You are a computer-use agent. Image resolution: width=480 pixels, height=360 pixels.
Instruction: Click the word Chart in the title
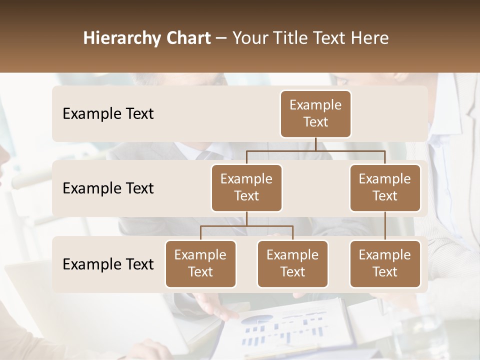[x=189, y=38]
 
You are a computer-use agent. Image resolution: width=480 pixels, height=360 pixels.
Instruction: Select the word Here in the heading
[x=370, y=38]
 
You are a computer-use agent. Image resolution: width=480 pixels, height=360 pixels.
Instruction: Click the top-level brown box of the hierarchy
[x=315, y=113]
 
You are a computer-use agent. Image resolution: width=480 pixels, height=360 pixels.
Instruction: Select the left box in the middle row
[x=246, y=187]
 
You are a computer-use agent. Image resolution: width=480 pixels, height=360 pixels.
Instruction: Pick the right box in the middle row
[x=385, y=187]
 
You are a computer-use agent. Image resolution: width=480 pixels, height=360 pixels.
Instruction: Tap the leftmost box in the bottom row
[x=200, y=263]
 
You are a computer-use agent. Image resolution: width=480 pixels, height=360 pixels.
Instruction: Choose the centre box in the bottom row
[x=292, y=263]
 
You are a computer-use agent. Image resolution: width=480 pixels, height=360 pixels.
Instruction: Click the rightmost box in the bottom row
[x=385, y=263]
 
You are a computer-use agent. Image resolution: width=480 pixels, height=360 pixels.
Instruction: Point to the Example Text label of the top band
[x=108, y=113]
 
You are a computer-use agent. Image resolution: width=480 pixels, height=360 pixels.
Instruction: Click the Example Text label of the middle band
[x=108, y=188]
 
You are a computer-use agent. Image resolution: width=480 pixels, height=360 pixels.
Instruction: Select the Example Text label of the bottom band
[x=108, y=264]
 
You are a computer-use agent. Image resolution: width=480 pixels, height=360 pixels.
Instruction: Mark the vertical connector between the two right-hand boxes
[x=385, y=226]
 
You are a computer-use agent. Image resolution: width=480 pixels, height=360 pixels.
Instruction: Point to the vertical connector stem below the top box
[x=315, y=144]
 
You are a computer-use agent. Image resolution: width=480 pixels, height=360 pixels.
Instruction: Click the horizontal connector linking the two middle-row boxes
[x=315, y=150]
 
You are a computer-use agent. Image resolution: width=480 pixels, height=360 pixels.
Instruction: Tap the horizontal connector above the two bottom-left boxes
[x=246, y=226]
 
